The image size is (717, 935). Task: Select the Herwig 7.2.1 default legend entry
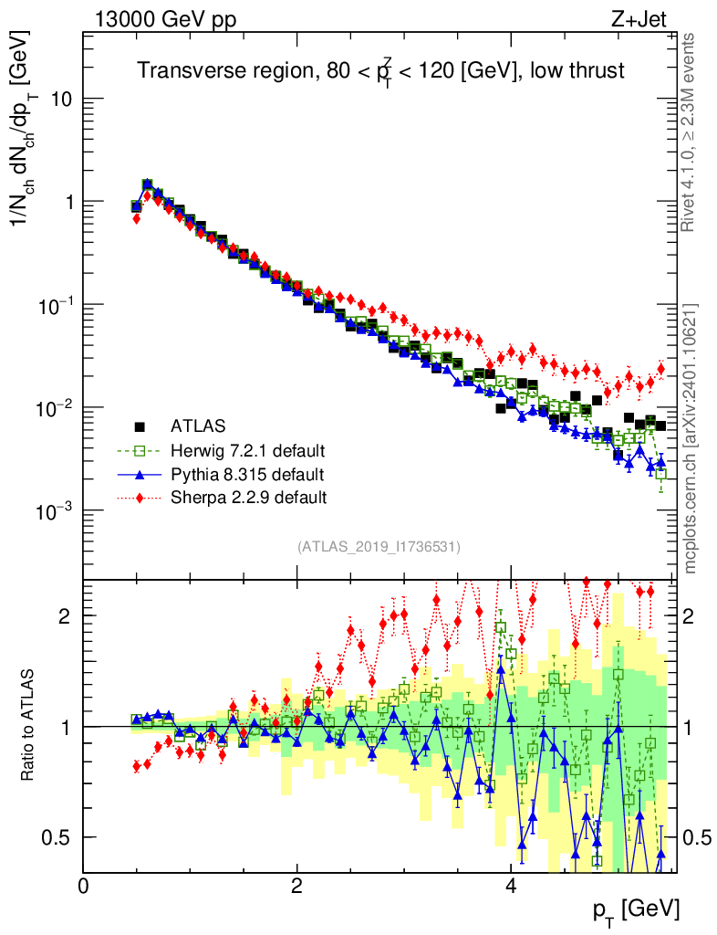tap(247, 450)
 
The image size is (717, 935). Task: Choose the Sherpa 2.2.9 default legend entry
tap(248, 498)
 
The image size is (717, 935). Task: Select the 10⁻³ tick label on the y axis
tap(52, 510)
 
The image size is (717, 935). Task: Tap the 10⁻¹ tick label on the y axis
tap(52, 304)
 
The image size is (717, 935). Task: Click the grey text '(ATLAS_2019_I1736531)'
tap(379, 547)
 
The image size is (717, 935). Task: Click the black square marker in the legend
tap(140, 425)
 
